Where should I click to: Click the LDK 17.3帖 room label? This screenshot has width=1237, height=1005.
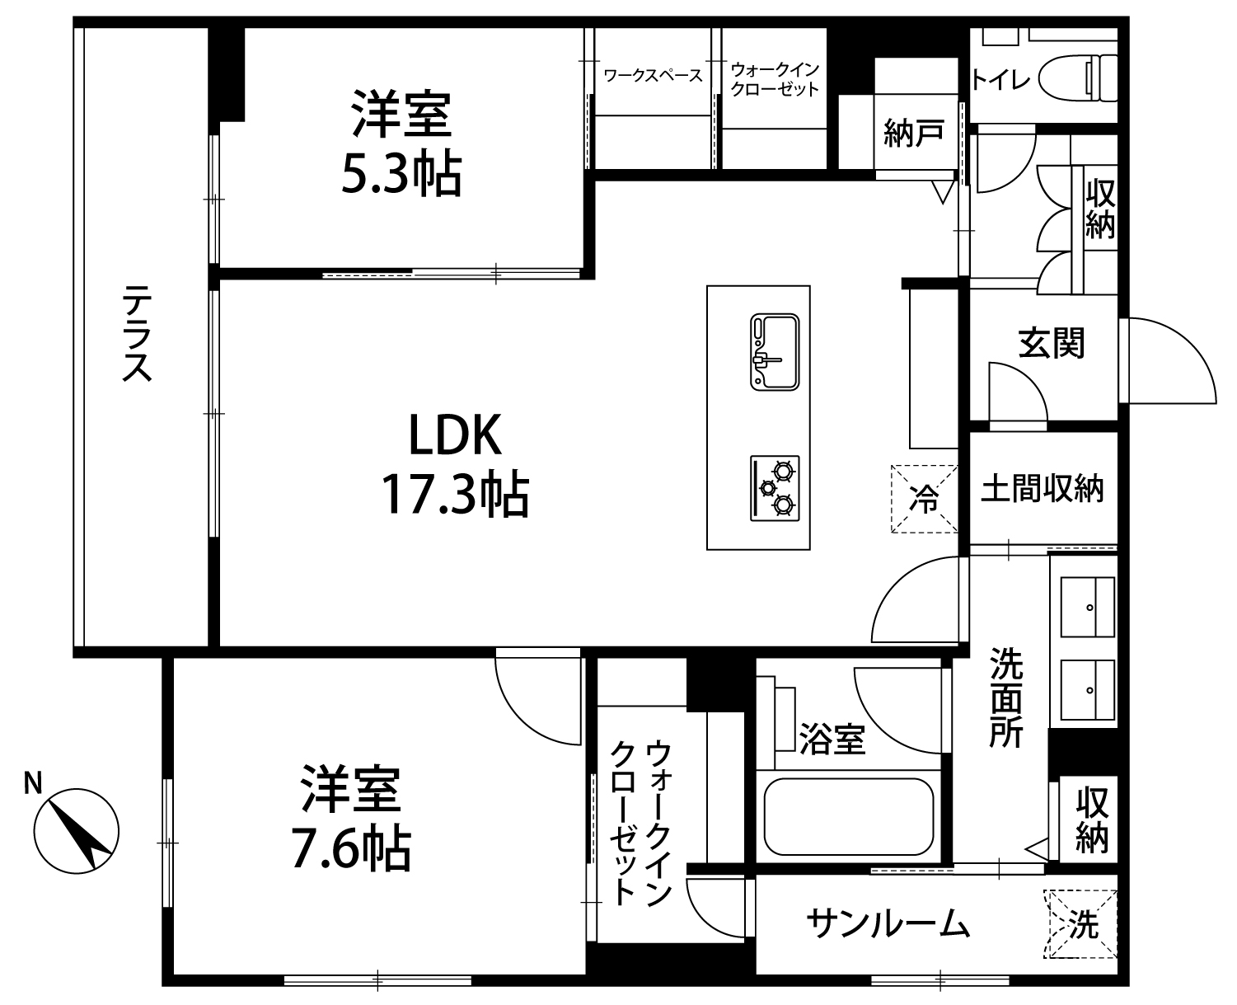(455, 465)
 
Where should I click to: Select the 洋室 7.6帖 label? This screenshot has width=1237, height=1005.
(351, 819)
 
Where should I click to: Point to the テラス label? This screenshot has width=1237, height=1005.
(137, 333)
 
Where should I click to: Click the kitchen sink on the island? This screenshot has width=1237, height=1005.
(775, 352)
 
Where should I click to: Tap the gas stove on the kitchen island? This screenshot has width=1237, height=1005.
(775, 488)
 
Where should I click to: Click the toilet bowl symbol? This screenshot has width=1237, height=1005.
(1077, 78)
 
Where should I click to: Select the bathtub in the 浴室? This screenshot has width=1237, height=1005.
(849, 816)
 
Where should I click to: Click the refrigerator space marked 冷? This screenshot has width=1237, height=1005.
(924, 499)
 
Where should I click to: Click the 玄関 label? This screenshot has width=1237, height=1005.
(1052, 343)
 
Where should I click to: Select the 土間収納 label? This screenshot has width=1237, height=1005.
(1043, 488)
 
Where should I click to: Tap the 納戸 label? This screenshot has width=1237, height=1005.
(914, 133)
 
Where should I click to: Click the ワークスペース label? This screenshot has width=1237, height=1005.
(653, 76)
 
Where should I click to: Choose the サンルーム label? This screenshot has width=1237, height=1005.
(888, 923)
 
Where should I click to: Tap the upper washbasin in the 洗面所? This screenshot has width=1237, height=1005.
(1088, 607)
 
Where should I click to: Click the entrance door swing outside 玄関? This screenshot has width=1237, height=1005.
(1167, 360)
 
